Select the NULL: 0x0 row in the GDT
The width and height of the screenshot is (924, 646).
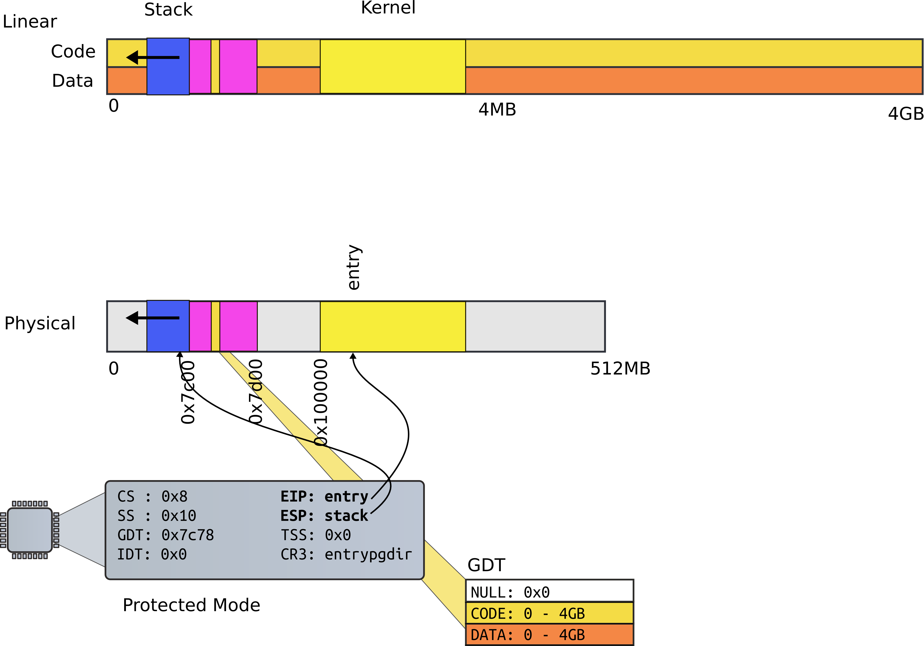[549, 592]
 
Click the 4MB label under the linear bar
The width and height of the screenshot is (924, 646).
[497, 109]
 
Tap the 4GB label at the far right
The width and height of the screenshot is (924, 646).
[905, 114]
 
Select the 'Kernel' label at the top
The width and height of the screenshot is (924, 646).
[388, 8]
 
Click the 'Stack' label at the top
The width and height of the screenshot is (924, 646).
[168, 10]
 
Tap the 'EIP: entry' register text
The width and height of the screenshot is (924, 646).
[324, 496]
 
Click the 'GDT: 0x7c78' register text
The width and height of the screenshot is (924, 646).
[165, 535]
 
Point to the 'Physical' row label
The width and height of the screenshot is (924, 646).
[40, 323]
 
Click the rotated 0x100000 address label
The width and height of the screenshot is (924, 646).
[321, 403]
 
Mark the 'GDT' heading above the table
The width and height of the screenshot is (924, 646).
[486, 565]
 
